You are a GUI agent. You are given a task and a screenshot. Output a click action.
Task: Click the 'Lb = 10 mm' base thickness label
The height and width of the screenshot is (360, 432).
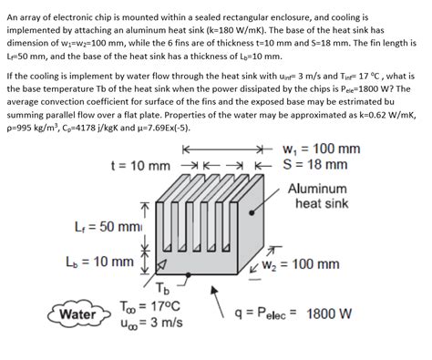[101, 262]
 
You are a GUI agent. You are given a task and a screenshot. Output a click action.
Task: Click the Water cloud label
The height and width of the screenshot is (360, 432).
[76, 315]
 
